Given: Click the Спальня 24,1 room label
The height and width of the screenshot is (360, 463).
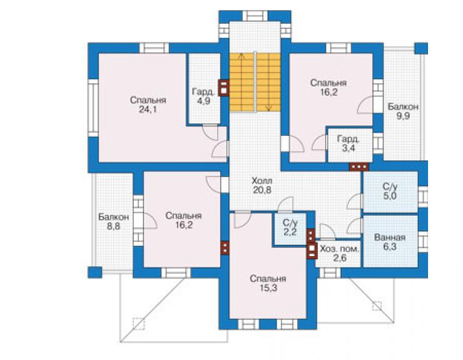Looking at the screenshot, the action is tap(148, 105).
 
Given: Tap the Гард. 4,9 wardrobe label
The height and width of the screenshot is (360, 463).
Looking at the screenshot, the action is tap(203, 96).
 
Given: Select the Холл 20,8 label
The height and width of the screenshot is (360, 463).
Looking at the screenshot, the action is tap(262, 185).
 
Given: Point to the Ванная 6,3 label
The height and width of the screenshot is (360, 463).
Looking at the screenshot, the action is tap(390, 242).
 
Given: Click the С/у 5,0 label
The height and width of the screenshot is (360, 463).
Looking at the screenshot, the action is tap(390, 191).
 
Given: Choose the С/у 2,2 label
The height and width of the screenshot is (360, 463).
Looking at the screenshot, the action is tap(290, 227).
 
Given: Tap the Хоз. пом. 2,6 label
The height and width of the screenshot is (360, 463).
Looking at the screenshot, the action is tap(340, 254).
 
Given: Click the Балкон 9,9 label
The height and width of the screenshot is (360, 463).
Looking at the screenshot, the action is tap(403, 111).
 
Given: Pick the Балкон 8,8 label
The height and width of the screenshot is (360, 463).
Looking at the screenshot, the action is tap(114, 222).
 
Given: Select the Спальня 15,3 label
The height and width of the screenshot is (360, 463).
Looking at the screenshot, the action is tap(268, 283).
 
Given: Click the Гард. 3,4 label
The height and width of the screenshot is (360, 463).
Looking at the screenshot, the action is tap(349, 143).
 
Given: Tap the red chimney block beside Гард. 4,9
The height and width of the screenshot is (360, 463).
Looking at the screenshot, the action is tap(223, 88).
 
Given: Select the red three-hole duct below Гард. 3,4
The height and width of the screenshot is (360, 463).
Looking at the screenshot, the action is tap(359, 167).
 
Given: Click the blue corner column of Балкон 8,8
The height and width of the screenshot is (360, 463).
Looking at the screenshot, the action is tap(94, 272).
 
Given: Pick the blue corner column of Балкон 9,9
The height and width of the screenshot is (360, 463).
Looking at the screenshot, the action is tap(421, 48).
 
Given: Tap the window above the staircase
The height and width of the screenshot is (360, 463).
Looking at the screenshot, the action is tap(255, 16).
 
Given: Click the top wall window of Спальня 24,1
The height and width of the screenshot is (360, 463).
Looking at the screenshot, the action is tap(154, 48).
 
